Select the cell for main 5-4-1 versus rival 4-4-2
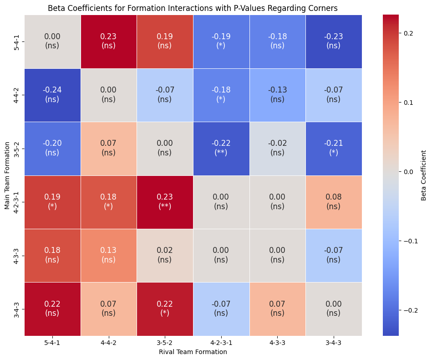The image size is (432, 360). pyautogui.click(x=108, y=41)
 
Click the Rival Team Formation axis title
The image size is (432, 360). pyautogui.click(x=193, y=352)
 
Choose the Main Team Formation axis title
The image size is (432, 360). pyautogui.click(x=7, y=175)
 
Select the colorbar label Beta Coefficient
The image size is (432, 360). pyautogui.click(x=424, y=175)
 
